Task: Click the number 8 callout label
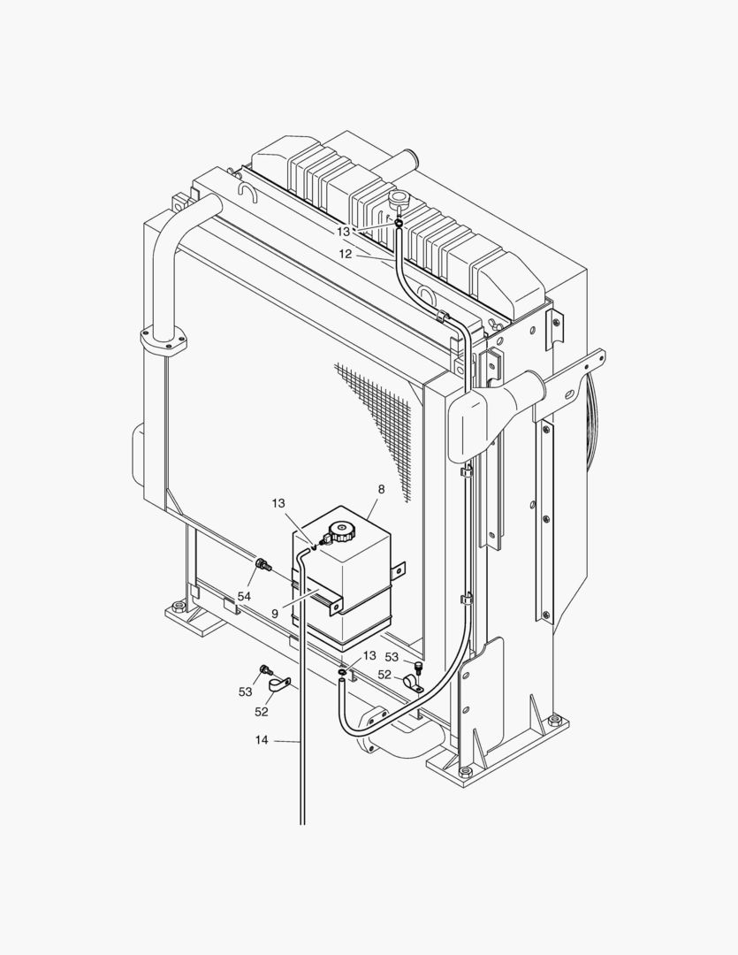click(382, 488)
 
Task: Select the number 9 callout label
click(275, 614)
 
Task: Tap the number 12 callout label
click(346, 254)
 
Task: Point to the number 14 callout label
click(262, 740)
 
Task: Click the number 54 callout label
click(244, 597)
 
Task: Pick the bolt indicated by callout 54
click(262, 564)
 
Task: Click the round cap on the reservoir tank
click(339, 531)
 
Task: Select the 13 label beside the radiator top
click(344, 232)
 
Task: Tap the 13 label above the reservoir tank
click(278, 503)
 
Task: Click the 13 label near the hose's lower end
click(369, 655)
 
